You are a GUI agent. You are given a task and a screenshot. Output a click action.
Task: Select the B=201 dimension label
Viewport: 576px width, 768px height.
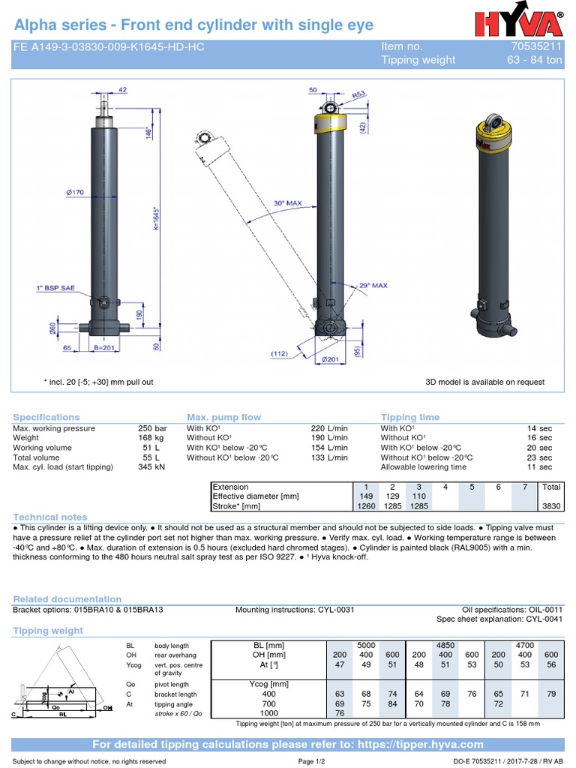106,349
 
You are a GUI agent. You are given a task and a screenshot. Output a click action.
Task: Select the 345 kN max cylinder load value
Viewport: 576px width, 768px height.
151,467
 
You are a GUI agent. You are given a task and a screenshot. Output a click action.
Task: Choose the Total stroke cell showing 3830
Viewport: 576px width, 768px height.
550,506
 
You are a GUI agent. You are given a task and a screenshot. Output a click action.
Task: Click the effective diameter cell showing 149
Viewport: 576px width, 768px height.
366,496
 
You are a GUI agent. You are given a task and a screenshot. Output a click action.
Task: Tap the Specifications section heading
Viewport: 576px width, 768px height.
46,417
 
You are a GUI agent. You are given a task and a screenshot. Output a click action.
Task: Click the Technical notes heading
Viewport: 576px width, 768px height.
50,517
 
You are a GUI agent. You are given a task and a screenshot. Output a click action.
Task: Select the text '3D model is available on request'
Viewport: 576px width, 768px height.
484,382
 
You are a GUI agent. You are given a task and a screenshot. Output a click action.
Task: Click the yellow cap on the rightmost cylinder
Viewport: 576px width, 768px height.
496,133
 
